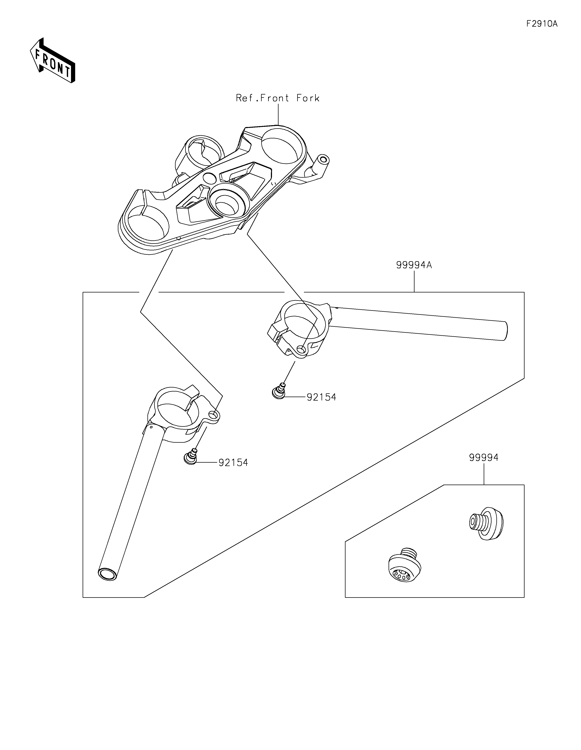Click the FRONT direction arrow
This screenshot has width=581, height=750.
52,60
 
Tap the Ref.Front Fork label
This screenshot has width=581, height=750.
278,98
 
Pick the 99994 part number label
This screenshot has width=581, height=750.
484,457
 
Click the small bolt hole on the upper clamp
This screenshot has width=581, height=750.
301,350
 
